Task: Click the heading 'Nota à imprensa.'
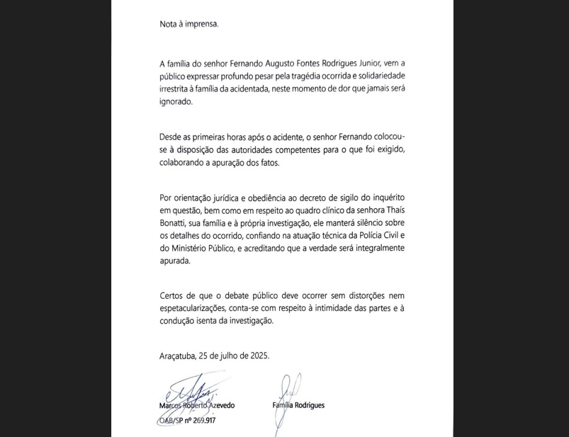189,23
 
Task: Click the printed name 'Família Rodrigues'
298,405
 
